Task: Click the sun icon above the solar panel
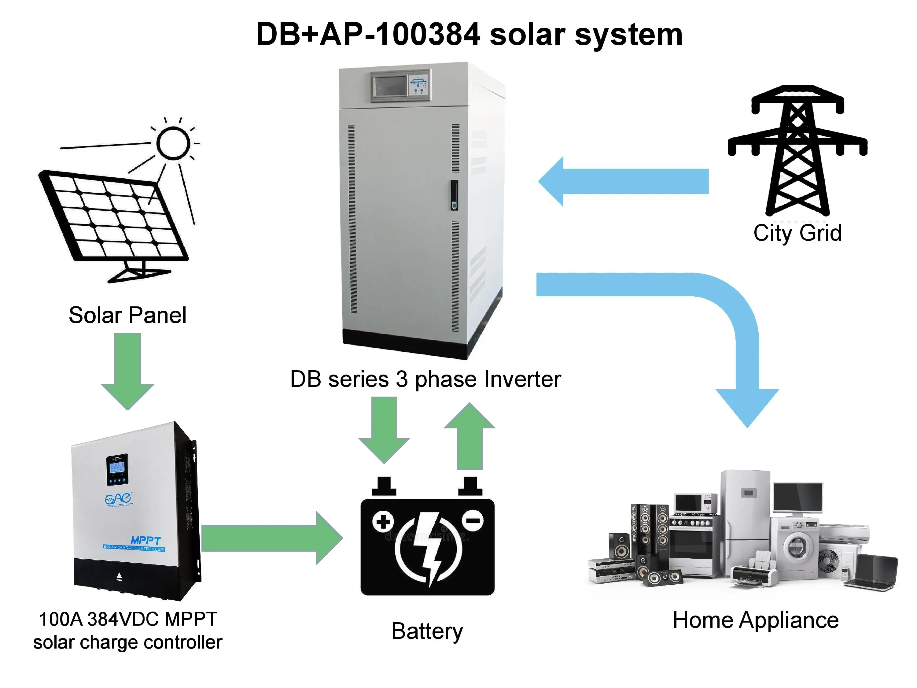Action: click(173, 143)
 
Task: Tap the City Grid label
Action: click(797, 233)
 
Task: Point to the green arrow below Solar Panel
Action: click(128, 369)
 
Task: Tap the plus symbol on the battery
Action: click(383, 522)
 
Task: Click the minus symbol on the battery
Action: click(473, 520)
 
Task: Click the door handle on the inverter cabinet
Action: click(454, 195)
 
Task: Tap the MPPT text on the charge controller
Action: click(145, 540)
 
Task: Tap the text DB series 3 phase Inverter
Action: click(425, 379)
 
